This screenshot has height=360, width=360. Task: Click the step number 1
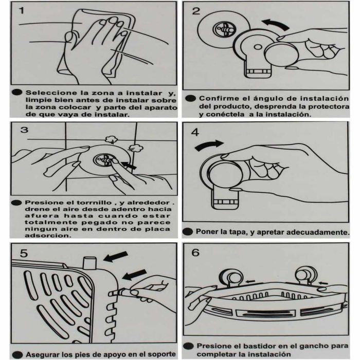22,10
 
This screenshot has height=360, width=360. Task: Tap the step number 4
195,132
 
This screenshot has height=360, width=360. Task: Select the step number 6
195,253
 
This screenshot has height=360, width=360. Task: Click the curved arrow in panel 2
276,24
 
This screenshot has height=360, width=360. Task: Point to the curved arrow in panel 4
209,145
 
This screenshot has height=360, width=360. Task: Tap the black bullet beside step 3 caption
16,203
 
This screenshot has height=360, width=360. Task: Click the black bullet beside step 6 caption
188,346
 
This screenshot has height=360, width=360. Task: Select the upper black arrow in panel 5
116,257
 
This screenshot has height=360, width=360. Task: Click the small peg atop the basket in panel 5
89,263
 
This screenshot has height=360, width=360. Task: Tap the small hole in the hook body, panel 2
258,47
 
